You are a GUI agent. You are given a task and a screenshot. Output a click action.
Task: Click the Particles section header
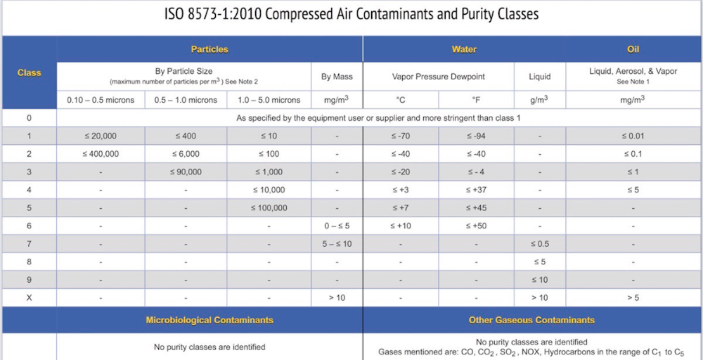(x=209, y=49)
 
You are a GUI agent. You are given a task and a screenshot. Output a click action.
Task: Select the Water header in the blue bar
(x=464, y=49)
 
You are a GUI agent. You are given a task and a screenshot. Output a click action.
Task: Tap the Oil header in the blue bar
(x=633, y=49)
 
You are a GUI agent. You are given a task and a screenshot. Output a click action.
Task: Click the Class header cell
(x=29, y=72)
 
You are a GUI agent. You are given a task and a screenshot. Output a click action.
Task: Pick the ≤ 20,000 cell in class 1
(x=101, y=136)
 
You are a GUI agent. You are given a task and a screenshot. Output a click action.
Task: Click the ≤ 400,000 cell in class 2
(x=101, y=154)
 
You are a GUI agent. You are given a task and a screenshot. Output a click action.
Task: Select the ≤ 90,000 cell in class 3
(x=186, y=172)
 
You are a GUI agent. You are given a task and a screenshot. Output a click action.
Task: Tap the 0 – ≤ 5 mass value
(x=337, y=226)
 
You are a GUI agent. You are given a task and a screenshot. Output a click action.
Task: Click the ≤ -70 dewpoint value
(x=400, y=136)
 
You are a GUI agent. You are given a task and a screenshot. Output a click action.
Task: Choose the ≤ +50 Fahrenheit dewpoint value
(x=476, y=226)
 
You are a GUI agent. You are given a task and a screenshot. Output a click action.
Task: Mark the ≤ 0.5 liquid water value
(x=539, y=244)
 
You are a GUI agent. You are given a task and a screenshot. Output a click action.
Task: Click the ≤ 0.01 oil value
(x=633, y=136)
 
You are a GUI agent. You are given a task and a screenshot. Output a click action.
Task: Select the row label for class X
(x=29, y=298)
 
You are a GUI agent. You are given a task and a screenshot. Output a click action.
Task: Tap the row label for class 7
(x=29, y=244)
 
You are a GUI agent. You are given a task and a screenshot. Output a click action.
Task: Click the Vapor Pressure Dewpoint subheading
(x=438, y=76)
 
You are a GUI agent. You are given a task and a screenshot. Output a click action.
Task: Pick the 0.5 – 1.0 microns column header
(x=186, y=100)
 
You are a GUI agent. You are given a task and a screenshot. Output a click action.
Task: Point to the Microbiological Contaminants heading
(x=209, y=321)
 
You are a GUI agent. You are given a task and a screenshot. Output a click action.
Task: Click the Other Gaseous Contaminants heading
(x=531, y=321)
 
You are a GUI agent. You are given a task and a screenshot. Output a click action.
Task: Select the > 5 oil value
(x=633, y=298)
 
